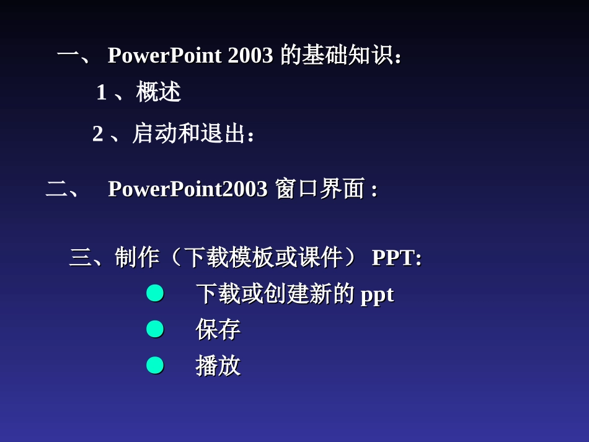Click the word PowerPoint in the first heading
click(x=164, y=56)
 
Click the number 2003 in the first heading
click(x=250, y=56)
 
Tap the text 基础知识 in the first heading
click(x=347, y=56)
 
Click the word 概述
click(x=159, y=92)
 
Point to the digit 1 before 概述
click(x=102, y=93)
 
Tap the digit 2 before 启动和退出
click(x=98, y=134)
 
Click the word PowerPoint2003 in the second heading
click(x=187, y=189)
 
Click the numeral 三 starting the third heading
click(x=80, y=257)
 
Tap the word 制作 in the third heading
click(x=137, y=257)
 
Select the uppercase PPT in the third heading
click(x=392, y=257)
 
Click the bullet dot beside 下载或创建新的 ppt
click(x=155, y=293)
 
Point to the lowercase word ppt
click(x=377, y=294)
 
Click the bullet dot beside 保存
click(x=155, y=329)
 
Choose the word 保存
click(x=218, y=330)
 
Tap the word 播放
click(x=218, y=366)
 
